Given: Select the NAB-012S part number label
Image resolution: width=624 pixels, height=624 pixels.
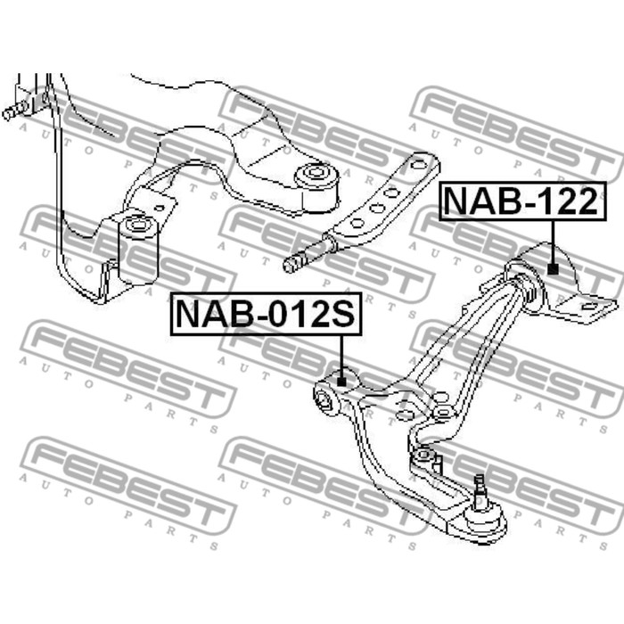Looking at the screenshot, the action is (266, 314).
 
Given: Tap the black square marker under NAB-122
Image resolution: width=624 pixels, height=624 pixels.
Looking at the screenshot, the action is (553, 266).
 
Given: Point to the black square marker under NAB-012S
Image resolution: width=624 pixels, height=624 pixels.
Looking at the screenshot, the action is (341, 382).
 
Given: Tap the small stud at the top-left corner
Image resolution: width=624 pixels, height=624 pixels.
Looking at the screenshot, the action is (11, 113).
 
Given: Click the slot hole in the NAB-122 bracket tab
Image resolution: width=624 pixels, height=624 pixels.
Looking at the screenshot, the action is (587, 307).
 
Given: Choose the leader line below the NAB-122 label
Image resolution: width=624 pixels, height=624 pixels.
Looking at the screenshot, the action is (553, 241).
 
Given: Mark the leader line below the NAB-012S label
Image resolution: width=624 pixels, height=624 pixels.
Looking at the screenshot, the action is (341, 355).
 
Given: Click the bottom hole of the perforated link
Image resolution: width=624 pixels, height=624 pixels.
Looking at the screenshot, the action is (356, 223).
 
